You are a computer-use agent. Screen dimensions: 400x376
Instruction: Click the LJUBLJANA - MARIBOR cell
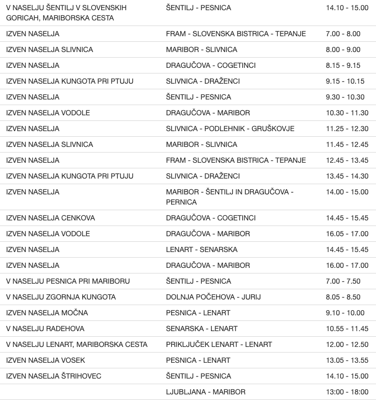205,392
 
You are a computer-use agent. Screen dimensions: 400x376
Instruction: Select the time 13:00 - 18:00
347,392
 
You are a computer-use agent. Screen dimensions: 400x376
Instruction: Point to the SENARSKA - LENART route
202,329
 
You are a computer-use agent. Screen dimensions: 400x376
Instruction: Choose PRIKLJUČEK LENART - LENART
219,344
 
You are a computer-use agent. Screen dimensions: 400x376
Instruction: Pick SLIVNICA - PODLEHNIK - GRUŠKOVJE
230,129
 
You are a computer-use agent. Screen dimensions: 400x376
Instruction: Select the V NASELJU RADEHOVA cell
45,329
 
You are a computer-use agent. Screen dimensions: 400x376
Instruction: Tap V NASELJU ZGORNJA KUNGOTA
61,297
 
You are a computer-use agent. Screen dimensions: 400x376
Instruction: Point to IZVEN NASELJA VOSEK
46,360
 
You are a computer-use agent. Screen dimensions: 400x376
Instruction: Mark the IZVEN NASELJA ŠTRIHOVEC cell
54,376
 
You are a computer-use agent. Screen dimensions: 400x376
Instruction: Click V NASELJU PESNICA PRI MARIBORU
68,281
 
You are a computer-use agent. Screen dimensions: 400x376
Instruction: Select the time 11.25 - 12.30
347,129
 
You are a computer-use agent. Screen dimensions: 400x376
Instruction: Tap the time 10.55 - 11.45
347,329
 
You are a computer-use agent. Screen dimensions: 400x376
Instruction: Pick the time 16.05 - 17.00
347,234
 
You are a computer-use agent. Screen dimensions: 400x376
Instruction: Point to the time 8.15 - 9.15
343,65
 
